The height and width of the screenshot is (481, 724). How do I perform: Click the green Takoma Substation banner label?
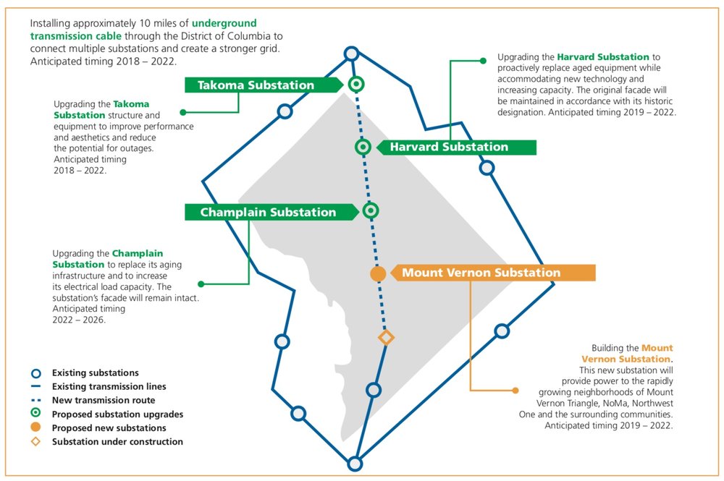pyautogui.click(x=256, y=85)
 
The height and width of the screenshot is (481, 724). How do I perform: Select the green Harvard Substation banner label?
pyautogui.click(x=449, y=148)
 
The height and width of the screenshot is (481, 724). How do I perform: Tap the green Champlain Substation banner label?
pyautogui.click(x=268, y=213)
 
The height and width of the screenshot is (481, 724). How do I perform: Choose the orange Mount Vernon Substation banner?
pyautogui.click(x=481, y=273)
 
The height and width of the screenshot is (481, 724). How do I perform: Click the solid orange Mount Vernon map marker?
pyautogui.click(x=378, y=274)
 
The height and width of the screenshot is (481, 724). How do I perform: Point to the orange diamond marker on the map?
pyautogui.click(x=387, y=338)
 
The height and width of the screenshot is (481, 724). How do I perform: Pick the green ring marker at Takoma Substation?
pyautogui.click(x=355, y=84)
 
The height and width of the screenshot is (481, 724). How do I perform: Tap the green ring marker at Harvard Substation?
pyautogui.click(x=363, y=148)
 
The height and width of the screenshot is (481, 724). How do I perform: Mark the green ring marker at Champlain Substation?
pyautogui.click(x=371, y=210)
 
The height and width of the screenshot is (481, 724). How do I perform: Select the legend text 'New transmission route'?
pyautogui.click(x=103, y=400)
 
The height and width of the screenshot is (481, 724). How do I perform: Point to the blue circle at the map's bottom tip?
pyautogui.click(x=355, y=464)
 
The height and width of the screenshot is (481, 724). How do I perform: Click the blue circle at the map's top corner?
pyautogui.click(x=351, y=54)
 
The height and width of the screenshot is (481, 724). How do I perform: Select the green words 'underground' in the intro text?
pyautogui.click(x=224, y=24)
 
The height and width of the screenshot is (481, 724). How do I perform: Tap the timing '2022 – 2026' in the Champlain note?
pyautogui.click(x=79, y=319)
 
